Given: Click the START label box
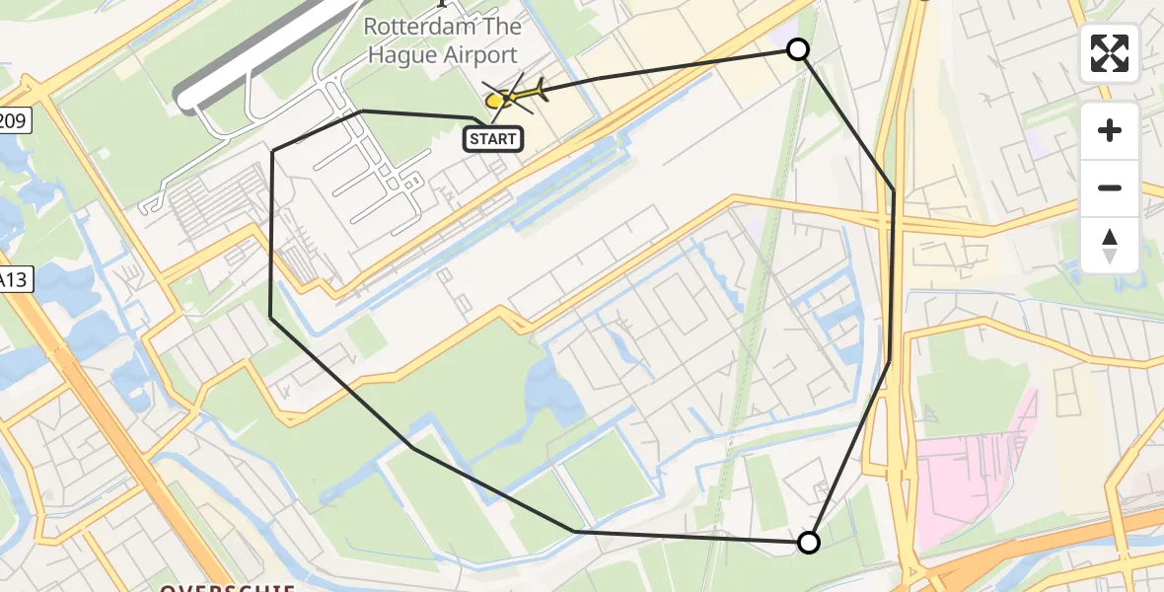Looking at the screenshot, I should pos(492,139).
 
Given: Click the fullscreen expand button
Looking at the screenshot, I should pos(1110,53).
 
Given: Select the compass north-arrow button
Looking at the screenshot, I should pos(1110,246).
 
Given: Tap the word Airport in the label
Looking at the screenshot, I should pos(481,54).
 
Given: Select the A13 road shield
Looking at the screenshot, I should pos(14,280).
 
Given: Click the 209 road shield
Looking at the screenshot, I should pos(14,122).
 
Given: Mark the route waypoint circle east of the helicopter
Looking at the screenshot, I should pos(797,49).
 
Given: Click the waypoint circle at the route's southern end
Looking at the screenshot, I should pos(808,542).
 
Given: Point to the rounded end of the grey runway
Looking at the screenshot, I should pos(184,96).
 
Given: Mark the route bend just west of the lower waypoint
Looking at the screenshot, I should pos(574,531).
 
